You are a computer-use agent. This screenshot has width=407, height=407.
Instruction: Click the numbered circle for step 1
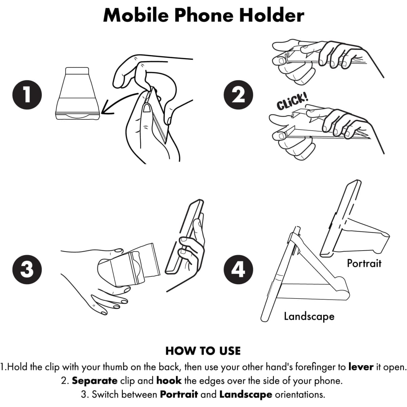click(27, 95)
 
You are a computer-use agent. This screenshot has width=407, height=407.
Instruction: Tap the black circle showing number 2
click(238, 95)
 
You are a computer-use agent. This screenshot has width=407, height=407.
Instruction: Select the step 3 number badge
click(27, 270)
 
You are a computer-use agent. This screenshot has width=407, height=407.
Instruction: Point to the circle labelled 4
click(238, 270)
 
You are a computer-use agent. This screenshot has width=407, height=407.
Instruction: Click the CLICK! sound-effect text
click(292, 102)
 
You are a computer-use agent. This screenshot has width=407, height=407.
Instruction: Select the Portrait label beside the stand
click(364, 264)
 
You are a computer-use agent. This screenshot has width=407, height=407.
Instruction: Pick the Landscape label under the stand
click(309, 316)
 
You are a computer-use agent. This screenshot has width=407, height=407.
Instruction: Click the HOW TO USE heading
click(203, 351)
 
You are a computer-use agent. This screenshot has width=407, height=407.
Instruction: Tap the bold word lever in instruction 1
click(361, 367)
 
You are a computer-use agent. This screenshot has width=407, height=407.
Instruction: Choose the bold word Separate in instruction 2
click(95, 381)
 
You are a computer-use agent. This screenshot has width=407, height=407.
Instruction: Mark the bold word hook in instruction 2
click(169, 381)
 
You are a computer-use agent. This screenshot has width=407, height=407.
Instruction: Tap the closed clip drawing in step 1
click(77, 93)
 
